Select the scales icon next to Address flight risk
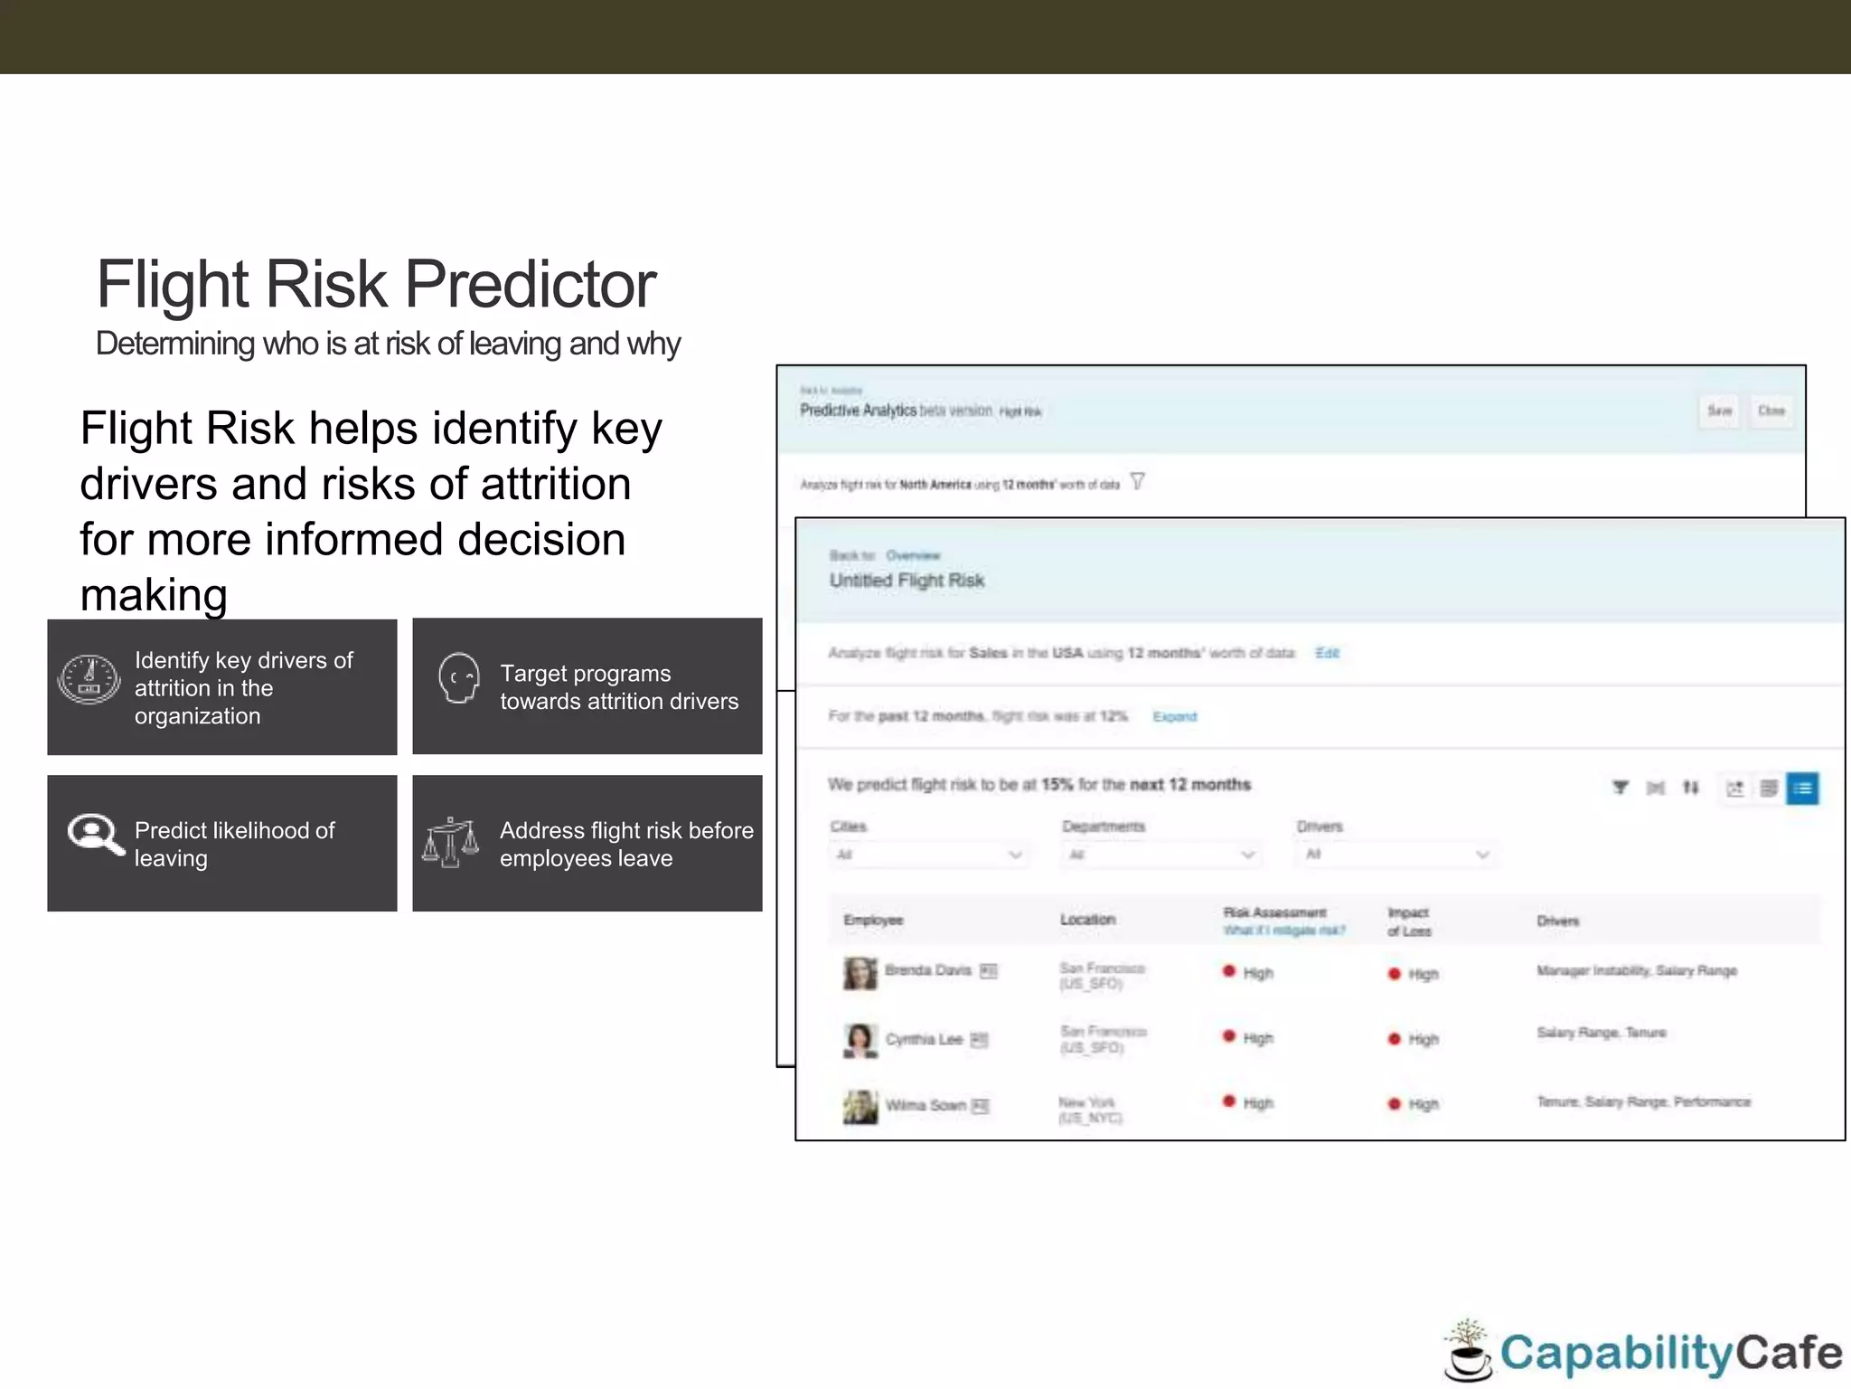pos(450,842)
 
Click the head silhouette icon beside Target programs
pos(458,677)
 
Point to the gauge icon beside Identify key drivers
pos(89,679)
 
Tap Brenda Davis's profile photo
pos(860,973)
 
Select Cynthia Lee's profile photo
pos(860,1040)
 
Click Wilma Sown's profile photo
pos(860,1106)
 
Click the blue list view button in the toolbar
pos(1802,789)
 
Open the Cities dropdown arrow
pos(1015,855)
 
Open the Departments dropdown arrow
pos(1248,855)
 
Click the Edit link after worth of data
pos(1327,653)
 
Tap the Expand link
pos(1174,717)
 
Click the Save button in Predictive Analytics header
pos(1719,411)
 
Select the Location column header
pos(1087,920)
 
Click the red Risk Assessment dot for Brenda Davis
pos(1228,971)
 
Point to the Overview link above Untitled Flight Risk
pos(913,555)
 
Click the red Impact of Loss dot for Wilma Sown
pos(1394,1104)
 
